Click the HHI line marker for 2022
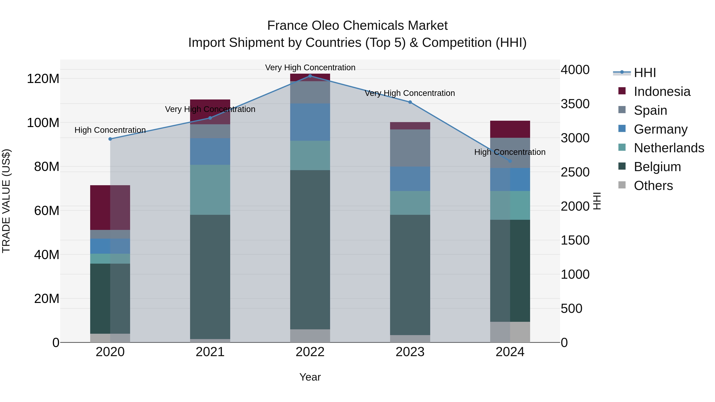[310, 76]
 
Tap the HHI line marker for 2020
[110, 139]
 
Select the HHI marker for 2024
[510, 161]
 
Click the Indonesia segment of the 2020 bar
[110, 207]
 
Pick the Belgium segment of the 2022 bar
[310, 250]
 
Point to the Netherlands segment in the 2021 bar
[210, 190]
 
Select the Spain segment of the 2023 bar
[410, 148]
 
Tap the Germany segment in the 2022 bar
[310, 122]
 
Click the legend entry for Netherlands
[669, 148]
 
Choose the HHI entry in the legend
[644, 73]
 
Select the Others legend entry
[653, 186]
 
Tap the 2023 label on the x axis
[410, 352]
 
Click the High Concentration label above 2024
[510, 152]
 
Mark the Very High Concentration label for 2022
[310, 67]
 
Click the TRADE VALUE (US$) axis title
[6, 201]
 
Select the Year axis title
[310, 377]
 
